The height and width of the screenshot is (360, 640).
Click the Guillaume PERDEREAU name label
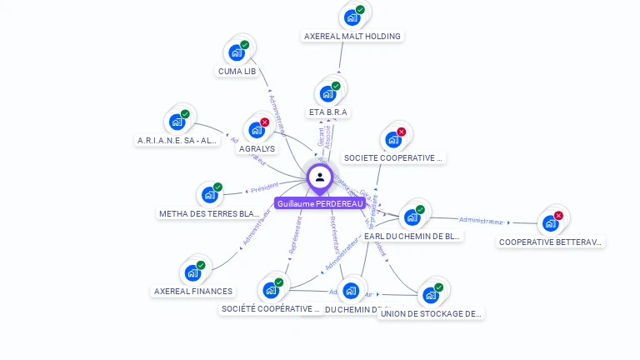(x=320, y=203)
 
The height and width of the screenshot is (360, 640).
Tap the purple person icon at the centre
(x=320, y=177)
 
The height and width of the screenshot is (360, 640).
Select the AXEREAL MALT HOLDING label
(x=352, y=36)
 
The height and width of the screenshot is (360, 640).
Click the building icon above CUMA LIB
(x=237, y=53)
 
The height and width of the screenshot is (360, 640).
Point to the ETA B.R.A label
(x=328, y=112)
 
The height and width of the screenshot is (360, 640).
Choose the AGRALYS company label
(x=257, y=148)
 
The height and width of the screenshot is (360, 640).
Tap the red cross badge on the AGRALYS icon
(x=264, y=122)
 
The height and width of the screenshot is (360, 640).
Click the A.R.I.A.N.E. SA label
(x=177, y=141)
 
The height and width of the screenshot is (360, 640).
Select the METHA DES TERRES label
(x=209, y=213)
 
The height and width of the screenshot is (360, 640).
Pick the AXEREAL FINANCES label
(x=193, y=291)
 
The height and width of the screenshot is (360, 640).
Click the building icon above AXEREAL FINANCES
(x=192, y=273)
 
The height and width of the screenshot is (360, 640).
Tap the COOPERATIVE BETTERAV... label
(x=551, y=242)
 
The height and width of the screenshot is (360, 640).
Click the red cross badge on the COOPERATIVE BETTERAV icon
(x=558, y=216)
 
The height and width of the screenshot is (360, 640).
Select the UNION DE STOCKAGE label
(x=431, y=313)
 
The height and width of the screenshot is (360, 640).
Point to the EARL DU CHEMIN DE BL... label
(x=412, y=236)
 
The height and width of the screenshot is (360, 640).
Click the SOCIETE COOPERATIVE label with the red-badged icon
(x=394, y=157)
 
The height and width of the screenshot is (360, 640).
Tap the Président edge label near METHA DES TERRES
(x=264, y=187)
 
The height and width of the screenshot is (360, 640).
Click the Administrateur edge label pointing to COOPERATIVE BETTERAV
(x=482, y=221)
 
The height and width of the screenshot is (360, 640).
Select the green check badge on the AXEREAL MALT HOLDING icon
(x=360, y=10)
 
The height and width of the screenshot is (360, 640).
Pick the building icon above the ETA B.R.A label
(x=327, y=93)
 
